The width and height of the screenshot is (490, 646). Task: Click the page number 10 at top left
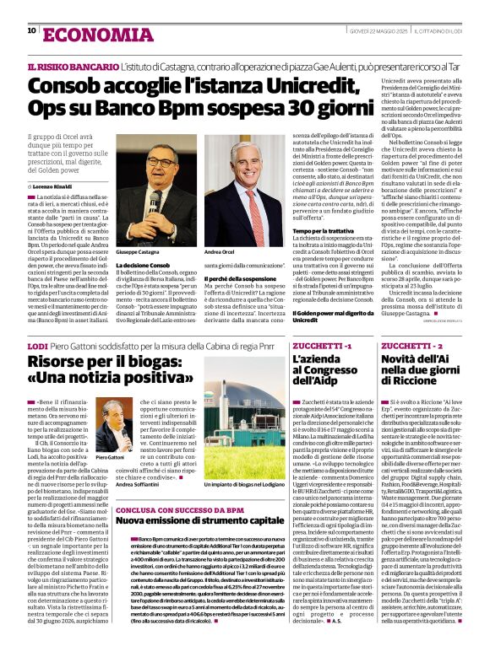pos(31,31)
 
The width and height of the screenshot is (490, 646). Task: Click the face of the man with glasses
pos(151,159)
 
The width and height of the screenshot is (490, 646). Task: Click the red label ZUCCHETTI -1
pos(320,347)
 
